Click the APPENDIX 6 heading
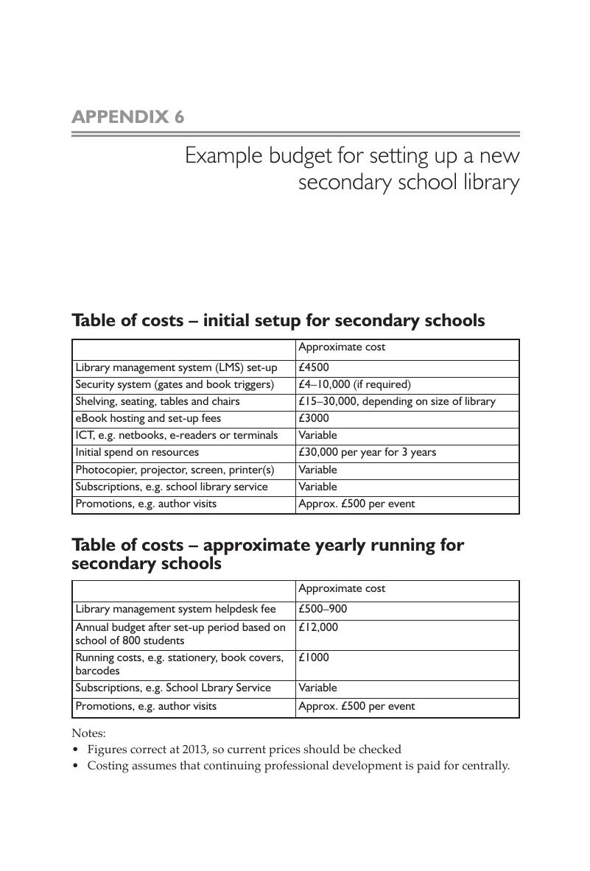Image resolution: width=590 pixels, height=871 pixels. point(127,117)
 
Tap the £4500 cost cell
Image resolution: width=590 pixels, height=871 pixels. point(314,367)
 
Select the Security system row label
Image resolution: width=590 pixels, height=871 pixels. point(175,384)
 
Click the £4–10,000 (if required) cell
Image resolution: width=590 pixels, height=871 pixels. point(354,384)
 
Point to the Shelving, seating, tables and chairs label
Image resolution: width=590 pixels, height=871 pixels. point(157,401)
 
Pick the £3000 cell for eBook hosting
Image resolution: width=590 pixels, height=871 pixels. point(314,418)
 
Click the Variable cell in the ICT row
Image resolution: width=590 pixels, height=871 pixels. point(317,435)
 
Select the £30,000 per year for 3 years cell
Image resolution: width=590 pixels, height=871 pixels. point(367,452)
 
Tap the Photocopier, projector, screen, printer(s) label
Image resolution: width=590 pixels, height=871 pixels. point(175,470)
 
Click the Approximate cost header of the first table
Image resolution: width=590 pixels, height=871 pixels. point(342,348)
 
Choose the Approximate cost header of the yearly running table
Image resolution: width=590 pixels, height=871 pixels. point(342,589)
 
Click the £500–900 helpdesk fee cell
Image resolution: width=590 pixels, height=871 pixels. point(323,609)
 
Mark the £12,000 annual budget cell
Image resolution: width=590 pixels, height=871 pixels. point(318,627)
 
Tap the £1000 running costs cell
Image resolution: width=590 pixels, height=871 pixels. point(314,657)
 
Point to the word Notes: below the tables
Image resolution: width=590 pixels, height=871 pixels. point(88,733)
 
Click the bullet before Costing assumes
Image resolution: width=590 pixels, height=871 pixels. point(76,766)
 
